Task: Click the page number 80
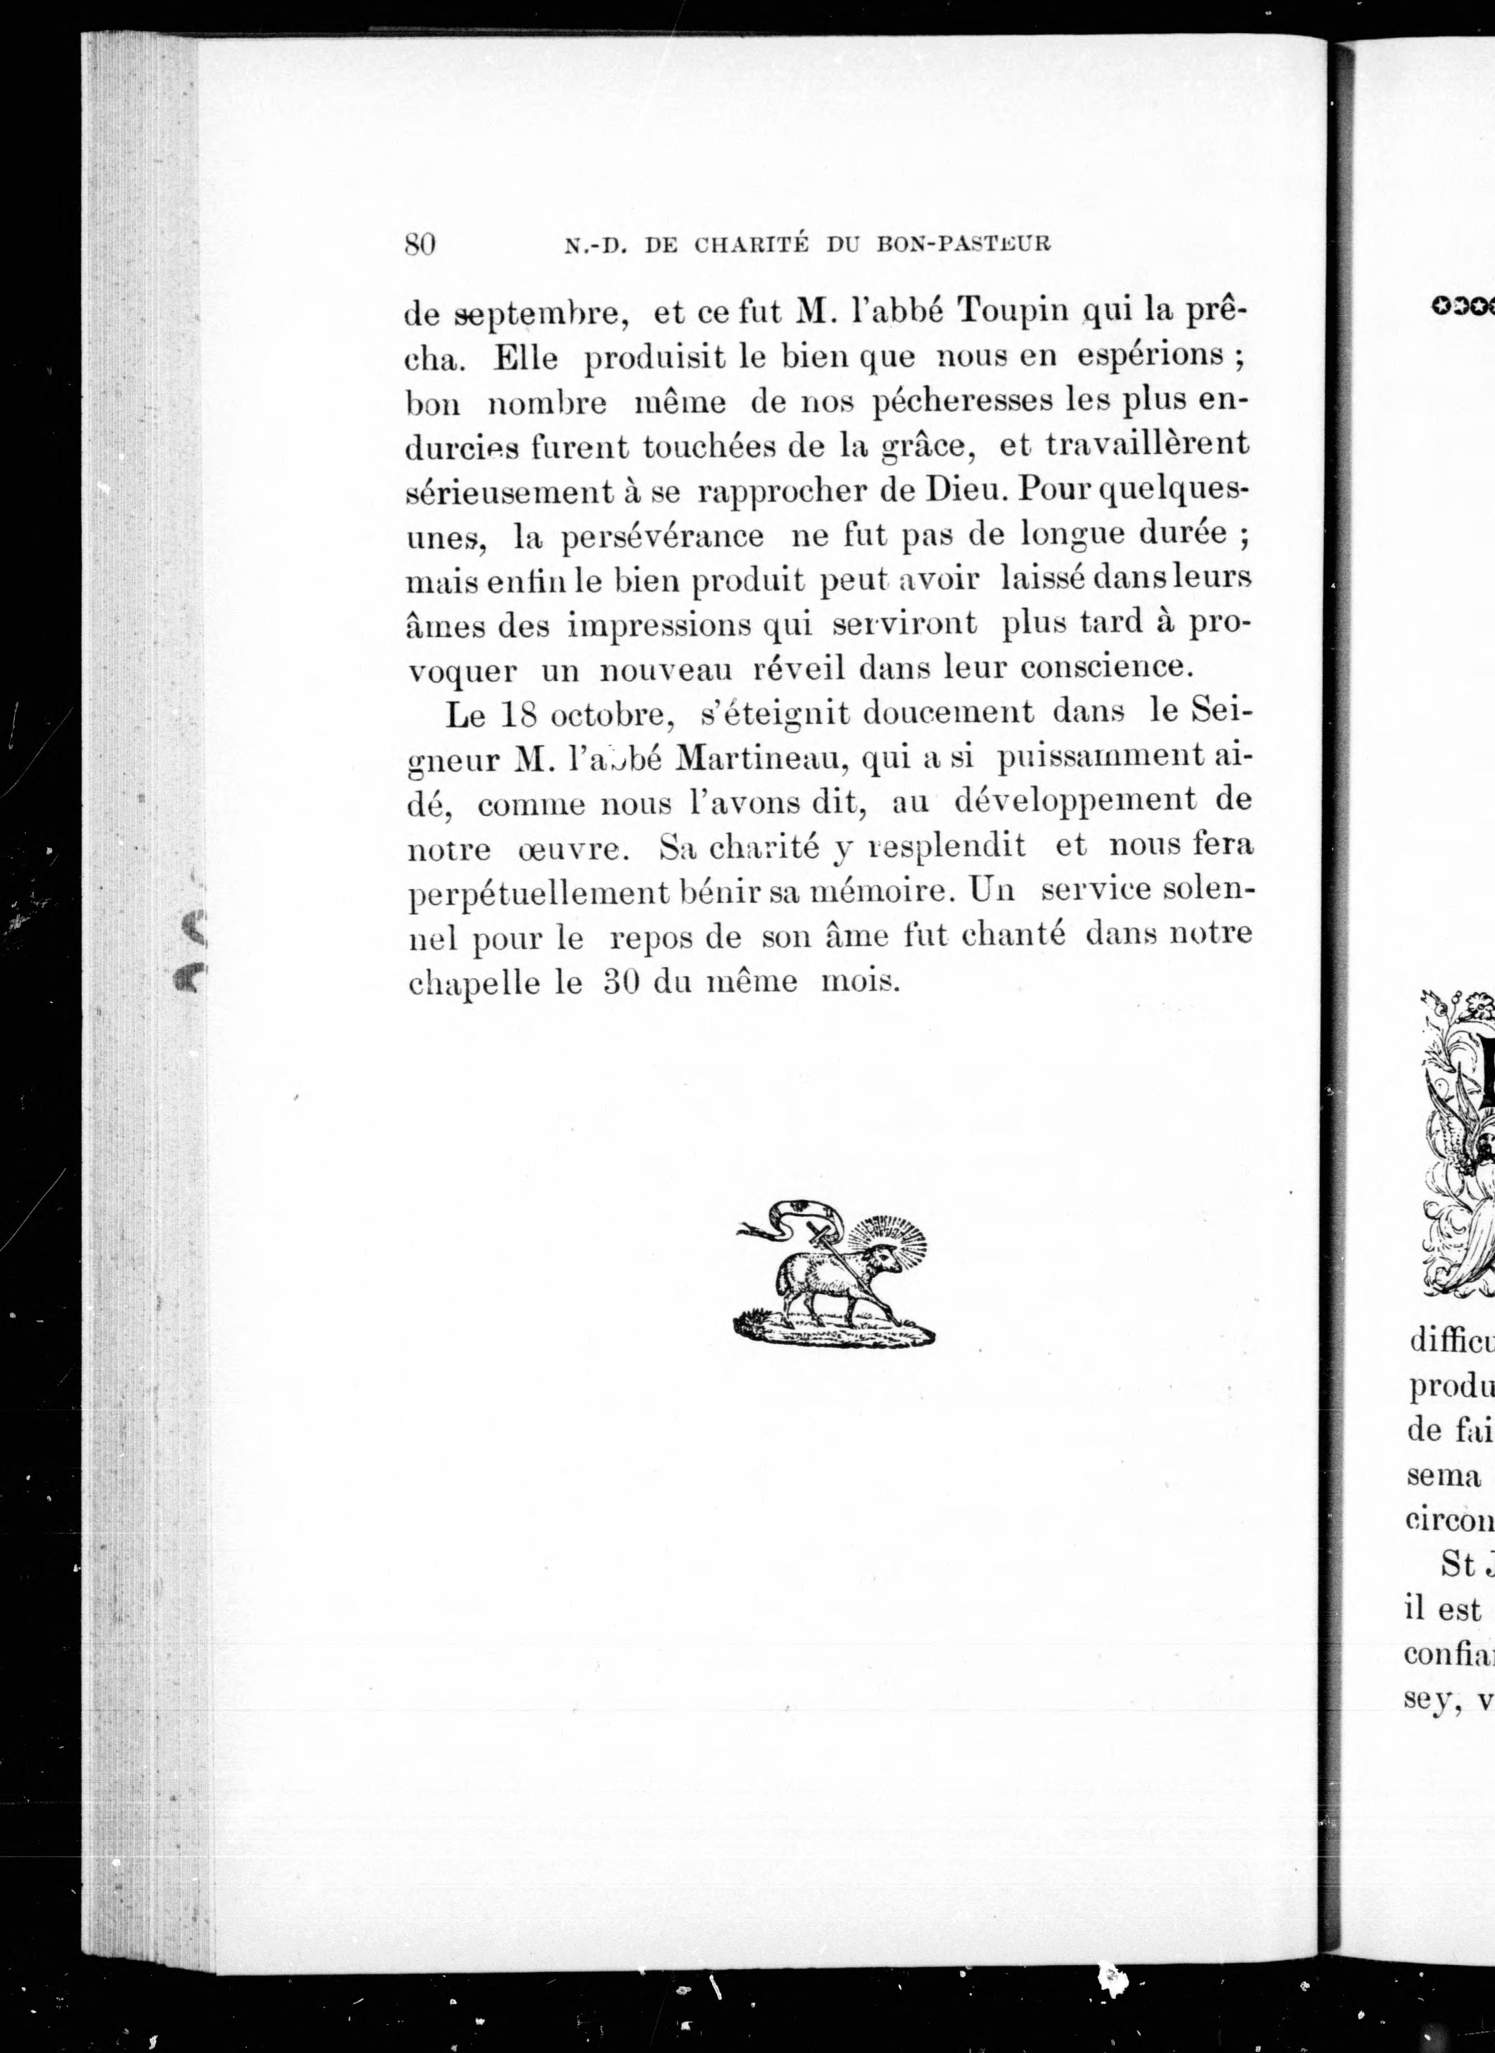tap(420, 245)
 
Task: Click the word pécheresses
tap(961, 401)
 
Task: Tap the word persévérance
tap(663, 537)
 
